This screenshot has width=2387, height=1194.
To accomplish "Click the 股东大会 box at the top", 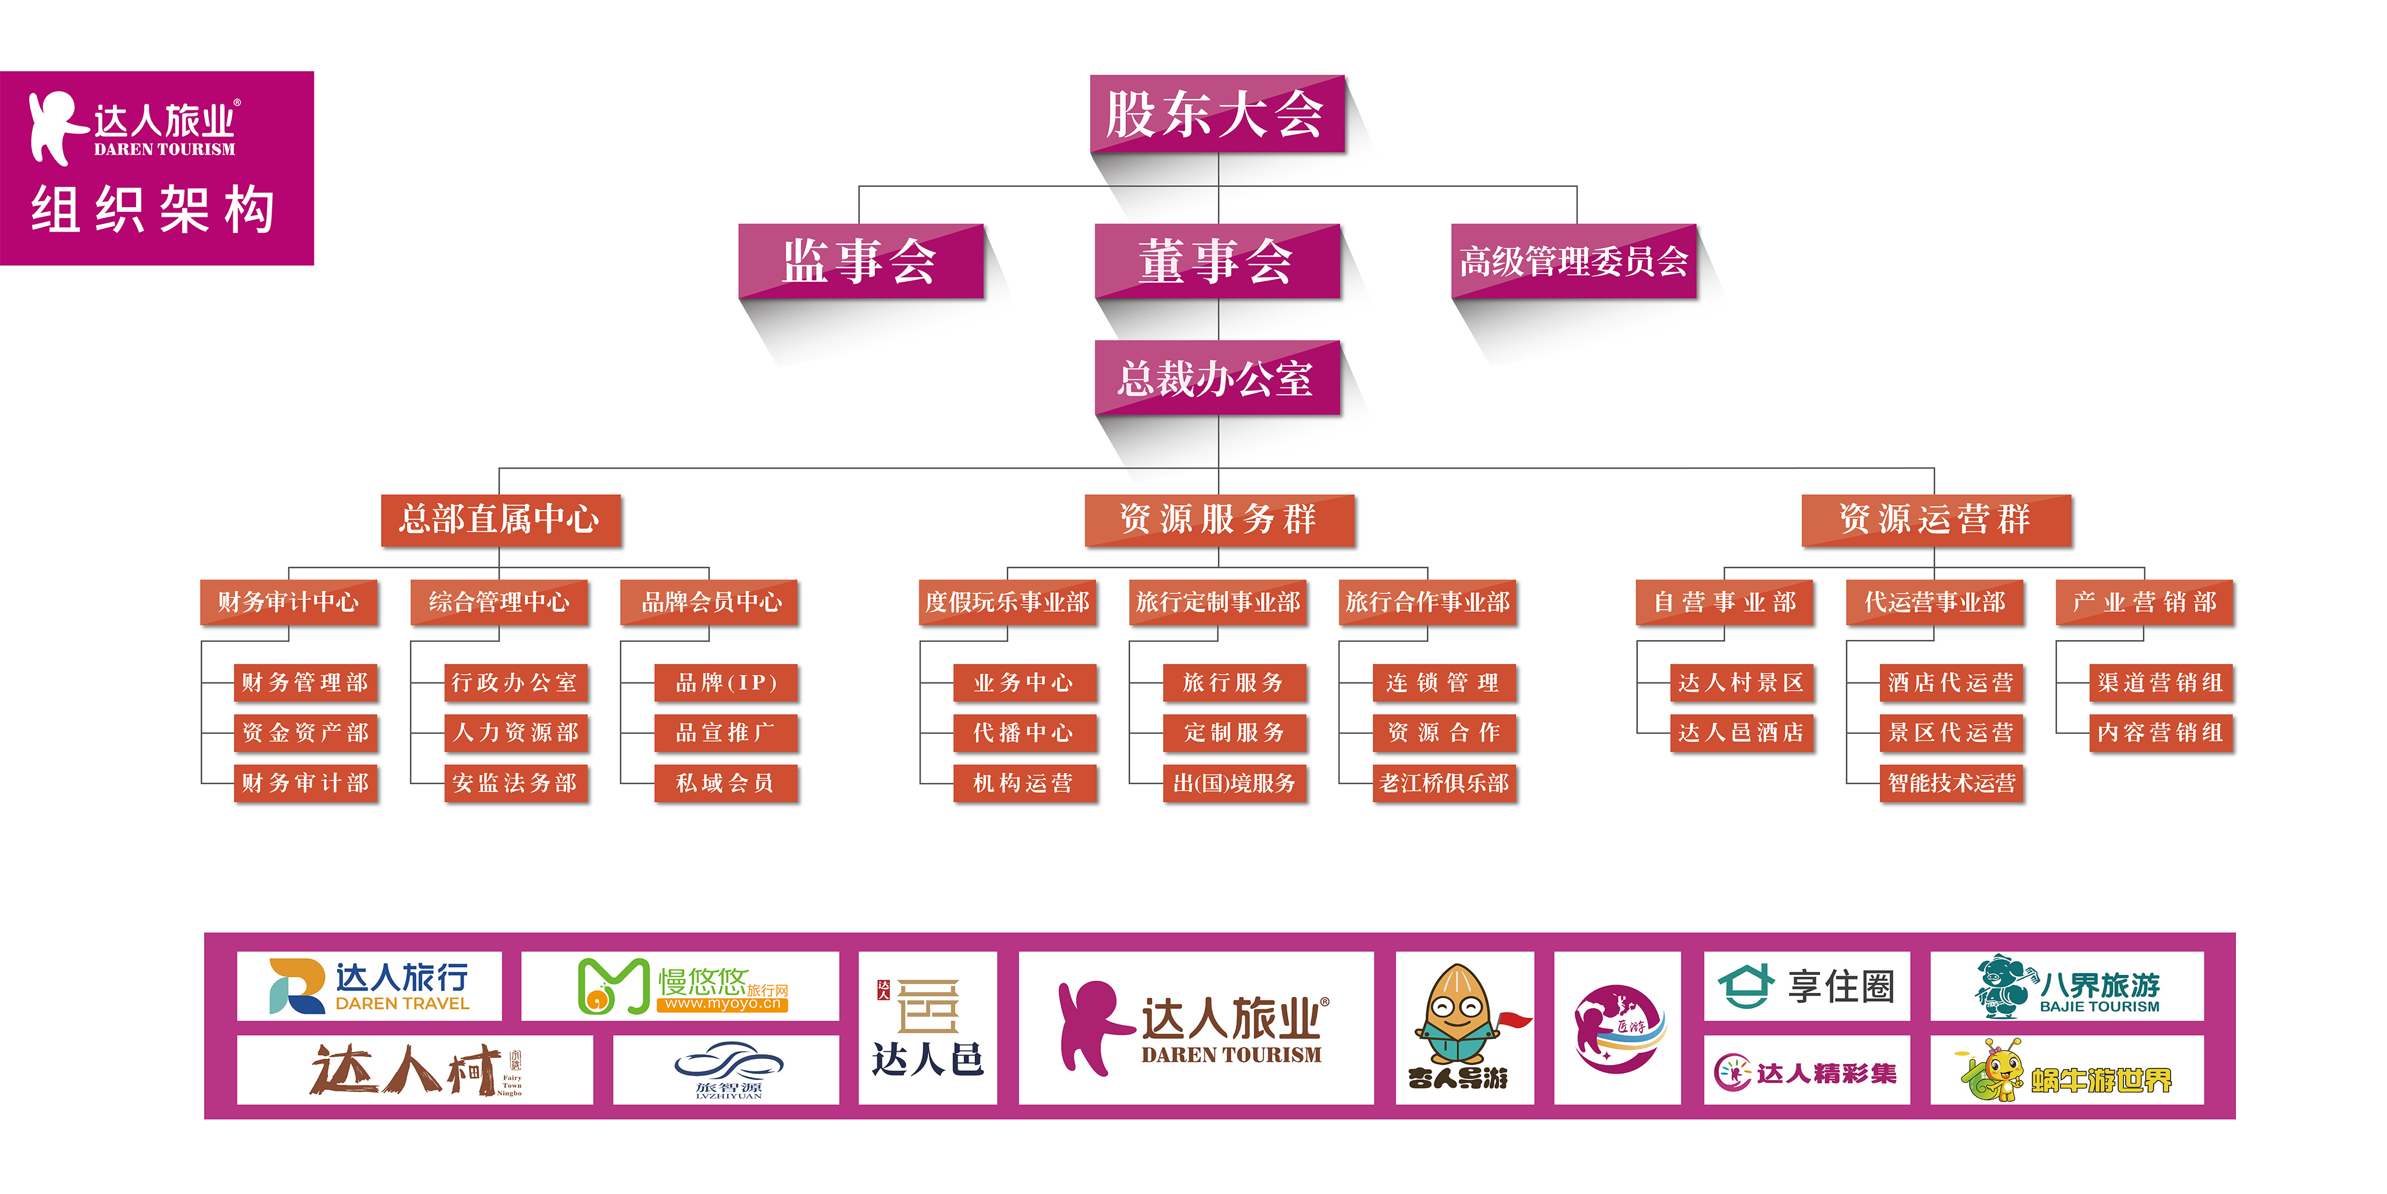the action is (1217, 114).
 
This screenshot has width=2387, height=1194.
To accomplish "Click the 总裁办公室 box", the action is (1217, 377).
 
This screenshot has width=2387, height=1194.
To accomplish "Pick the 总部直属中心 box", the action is (501, 519).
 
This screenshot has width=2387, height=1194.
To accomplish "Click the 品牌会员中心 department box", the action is (709, 602).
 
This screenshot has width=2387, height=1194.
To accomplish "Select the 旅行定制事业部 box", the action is (1217, 602).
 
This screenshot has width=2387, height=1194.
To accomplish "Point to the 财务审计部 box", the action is (306, 783).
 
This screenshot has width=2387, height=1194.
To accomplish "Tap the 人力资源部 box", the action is (516, 733).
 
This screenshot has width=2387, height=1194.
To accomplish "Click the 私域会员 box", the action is (726, 783).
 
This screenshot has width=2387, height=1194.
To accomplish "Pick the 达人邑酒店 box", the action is (1742, 733).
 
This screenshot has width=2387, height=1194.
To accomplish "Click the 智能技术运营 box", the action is (1951, 783).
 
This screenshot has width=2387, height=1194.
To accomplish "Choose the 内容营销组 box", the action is (2161, 733).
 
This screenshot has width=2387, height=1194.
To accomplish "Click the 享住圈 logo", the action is (1807, 986).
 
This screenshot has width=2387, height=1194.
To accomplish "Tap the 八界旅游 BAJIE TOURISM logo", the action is (2067, 986).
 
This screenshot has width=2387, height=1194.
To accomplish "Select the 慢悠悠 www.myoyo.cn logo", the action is (680, 986).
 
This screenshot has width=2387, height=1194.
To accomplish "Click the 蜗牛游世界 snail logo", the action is (2067, 1070).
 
